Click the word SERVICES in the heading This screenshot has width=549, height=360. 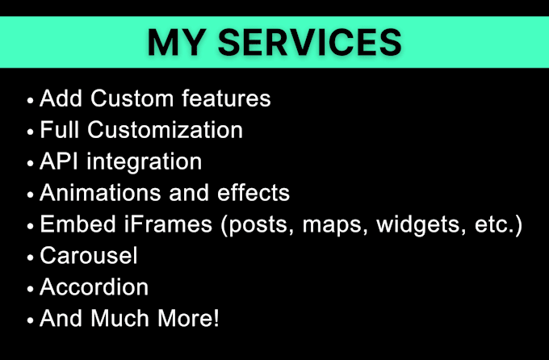[x=310, y=42]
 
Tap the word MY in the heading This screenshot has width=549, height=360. [x=177, y=42]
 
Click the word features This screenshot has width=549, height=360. [x=226, y=98]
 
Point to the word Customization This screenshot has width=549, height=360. [x=166, y=130]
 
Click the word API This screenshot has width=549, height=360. [x=59, y=161]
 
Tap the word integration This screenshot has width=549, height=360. [x=145, y=162]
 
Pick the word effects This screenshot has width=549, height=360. [x=254, y=193]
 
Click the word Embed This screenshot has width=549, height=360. [x=78, y=224]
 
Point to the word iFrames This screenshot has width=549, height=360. [x=168, y=224]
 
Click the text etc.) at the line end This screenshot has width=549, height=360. [x=499, y=225]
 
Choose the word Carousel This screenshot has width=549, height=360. [x=89, y=256]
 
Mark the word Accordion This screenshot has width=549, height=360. [x=94, y=287]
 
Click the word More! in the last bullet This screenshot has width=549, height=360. [x=188, y=318]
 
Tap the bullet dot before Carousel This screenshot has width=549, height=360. [x=30, y=257]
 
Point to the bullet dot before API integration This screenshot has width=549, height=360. [x=30, y=164]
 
